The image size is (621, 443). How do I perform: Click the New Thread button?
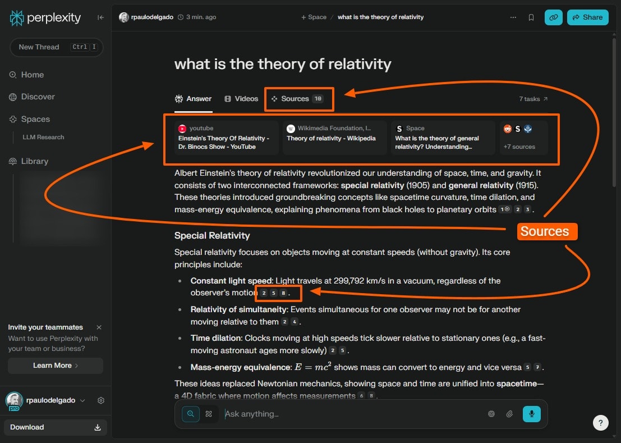56,47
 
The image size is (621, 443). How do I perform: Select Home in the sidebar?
32,75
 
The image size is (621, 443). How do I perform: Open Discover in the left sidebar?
38,97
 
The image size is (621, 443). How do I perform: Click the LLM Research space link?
43,137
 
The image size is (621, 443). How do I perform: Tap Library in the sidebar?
34,161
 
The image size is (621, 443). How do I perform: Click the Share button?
587,17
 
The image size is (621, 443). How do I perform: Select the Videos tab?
241,99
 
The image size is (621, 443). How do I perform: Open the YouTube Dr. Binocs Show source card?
227,138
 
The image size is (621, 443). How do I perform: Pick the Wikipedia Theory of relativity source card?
335,138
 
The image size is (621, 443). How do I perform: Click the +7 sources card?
523,138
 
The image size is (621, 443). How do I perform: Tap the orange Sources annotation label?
544,231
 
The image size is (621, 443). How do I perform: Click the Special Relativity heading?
212,235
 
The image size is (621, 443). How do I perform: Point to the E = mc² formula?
312,367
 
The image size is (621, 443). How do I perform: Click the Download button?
55,427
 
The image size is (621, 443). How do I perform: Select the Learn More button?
55,366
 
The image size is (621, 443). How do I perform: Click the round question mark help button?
600,423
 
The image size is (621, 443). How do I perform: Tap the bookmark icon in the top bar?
531,17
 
